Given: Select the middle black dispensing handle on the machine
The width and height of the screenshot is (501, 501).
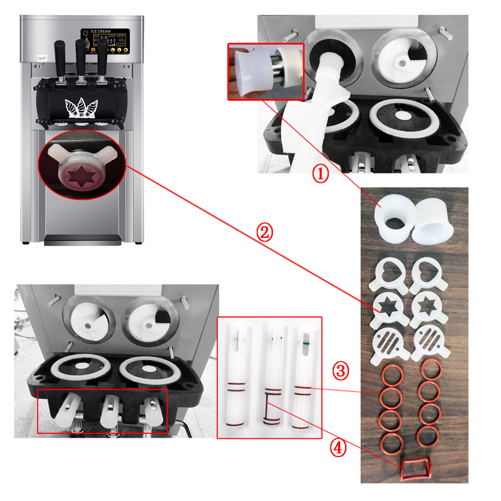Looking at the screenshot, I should coord(80,56).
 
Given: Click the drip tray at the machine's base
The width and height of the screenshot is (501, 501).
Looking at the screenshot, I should coord(84,238).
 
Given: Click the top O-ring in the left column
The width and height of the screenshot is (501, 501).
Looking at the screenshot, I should coord(392,377).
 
